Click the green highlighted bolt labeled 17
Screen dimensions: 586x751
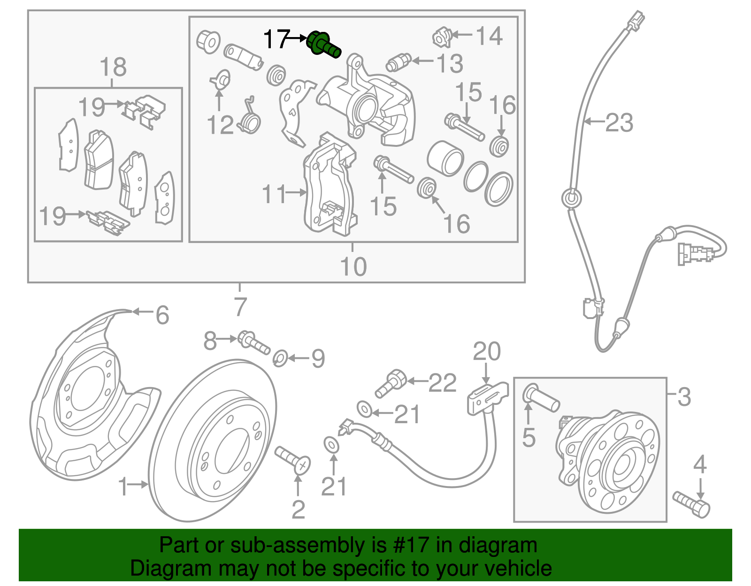click(x=323, y=45)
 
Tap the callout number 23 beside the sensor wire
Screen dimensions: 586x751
click(x=619, y=123)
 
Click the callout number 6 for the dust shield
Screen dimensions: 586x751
click(x=162, y=315)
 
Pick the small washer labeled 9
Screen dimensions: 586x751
click(x=280, y=358)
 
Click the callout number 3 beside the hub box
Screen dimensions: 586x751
click(x=684, y=397)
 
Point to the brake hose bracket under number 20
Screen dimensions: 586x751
click(x=488, y=397)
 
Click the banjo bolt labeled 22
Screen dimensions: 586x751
click(x=391, y=383)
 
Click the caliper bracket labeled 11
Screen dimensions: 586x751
click(x=329, y=188)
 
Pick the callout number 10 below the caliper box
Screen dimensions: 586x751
click(x=353, y=266)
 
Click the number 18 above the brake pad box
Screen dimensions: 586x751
click(x=113, y=67)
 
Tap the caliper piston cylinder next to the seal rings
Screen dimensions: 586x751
click(x=445, y=158)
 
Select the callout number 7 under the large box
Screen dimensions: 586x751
click(x=240, y=307)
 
